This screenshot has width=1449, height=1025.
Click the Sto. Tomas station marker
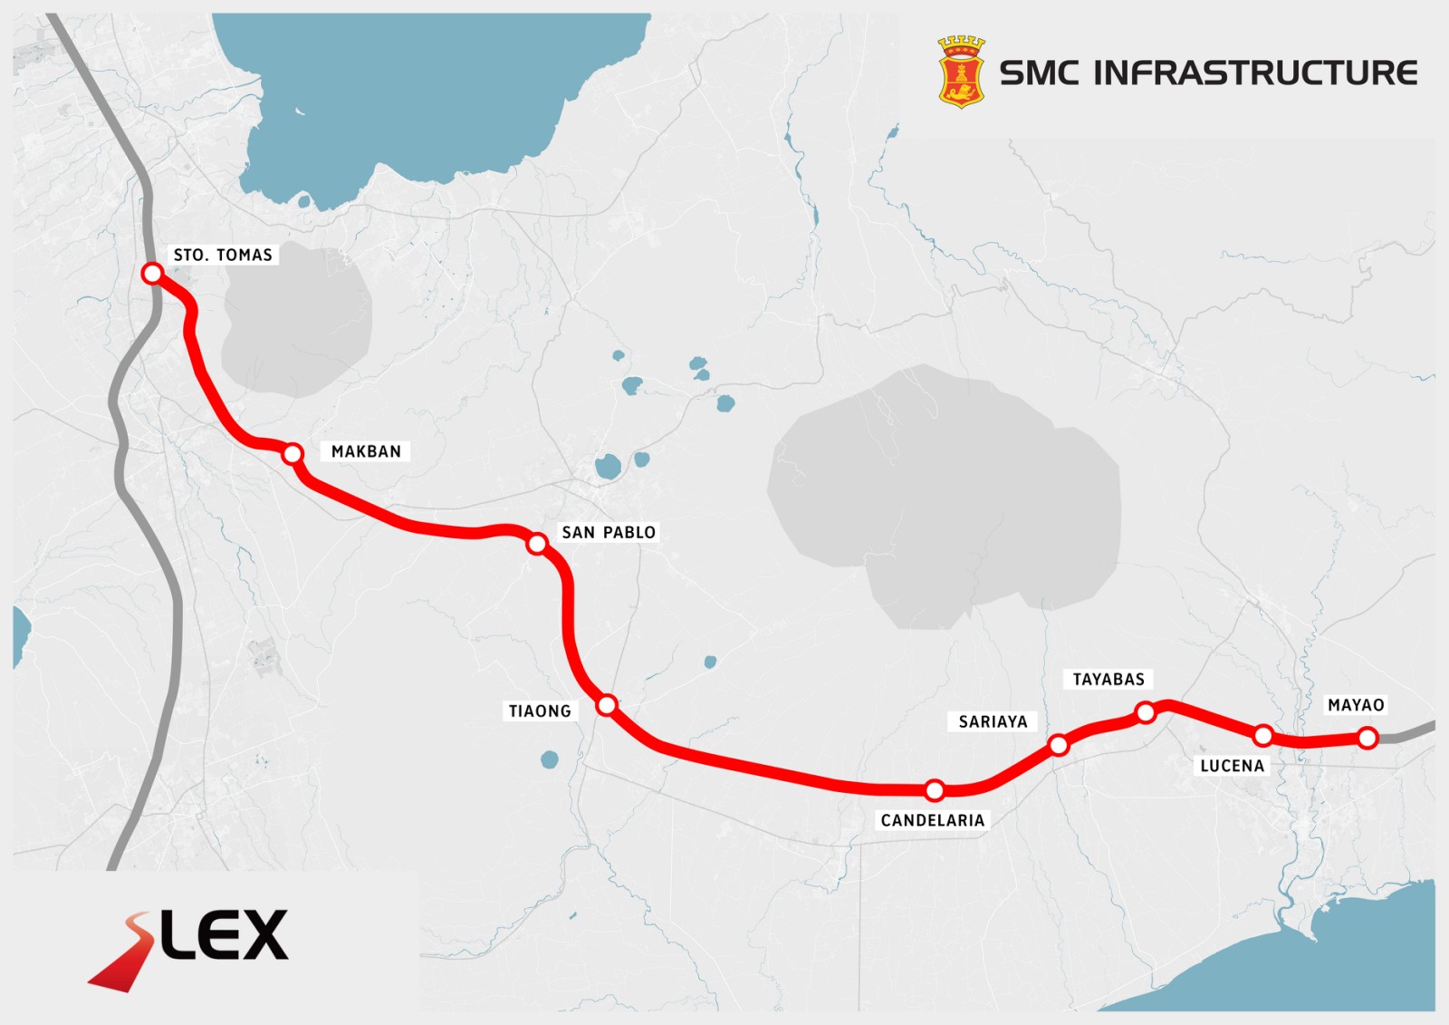coord(152,273)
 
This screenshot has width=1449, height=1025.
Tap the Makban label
coord(366,451)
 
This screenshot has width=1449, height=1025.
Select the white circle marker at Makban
coord(292,453)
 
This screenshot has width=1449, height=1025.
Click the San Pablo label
coord(609,533)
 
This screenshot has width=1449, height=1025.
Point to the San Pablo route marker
coord(537,544)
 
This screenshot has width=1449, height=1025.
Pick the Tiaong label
coord(540,711)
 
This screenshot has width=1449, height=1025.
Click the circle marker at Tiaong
coord(607,705)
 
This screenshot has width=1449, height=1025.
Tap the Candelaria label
coord(932,821)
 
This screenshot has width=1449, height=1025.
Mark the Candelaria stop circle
coord(935,790)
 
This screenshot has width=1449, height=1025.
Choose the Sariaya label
coord(993,722)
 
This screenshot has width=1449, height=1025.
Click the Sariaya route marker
coord(1058,746)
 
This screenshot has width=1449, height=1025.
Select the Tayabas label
coord(1108,680)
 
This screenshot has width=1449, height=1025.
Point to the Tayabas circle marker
coord(1146,713)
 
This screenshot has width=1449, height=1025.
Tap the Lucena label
coord(1232,767)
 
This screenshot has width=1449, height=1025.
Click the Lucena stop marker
coord(1263,735)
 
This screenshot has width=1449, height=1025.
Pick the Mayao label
coord(1356,706)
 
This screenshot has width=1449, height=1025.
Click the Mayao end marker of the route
coord(1367,739)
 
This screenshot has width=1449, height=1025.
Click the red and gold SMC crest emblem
coord(961,73)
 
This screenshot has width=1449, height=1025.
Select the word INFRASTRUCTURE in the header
coord(1255,73)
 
